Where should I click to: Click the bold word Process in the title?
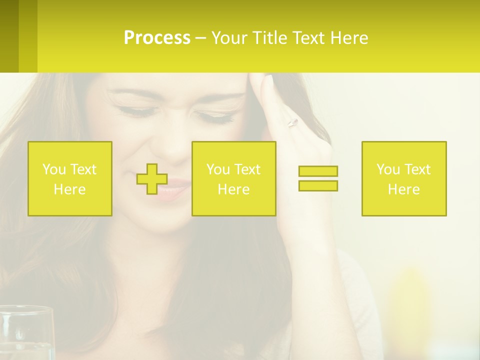coord(157,38)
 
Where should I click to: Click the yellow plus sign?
coord(152,178)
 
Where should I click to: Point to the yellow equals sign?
coord(318,178)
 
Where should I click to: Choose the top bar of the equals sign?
coord(318,171)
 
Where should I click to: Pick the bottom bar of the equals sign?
coord(318,185)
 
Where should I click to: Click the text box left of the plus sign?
coord(70,178)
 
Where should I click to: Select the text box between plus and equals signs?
coord(233,178)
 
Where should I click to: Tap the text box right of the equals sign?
coord(404,178)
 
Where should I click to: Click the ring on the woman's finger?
coord(292,122)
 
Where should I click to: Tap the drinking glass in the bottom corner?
coord(26,332)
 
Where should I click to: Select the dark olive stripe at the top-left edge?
coord(9,36)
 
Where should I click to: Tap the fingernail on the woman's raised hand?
coord(268,79)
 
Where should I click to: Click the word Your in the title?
coord(229,38)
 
